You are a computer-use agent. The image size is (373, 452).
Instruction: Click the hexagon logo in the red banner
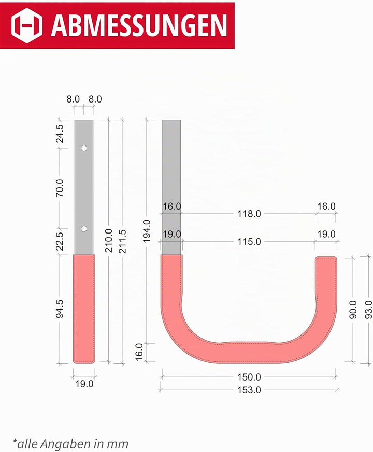coord(27,25)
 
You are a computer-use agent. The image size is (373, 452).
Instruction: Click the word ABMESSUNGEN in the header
coord(139,25)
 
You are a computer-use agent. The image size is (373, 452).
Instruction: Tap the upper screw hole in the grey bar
coord(84,148)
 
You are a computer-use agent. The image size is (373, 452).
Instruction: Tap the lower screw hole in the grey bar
coord(84,229)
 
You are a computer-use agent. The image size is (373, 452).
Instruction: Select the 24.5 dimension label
coord(60,134)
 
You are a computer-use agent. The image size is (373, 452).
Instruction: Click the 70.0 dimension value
coord(60,188)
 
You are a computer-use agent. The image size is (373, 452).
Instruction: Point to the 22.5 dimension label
coord(60,242)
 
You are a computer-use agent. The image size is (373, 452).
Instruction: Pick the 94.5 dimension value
coord(60,309)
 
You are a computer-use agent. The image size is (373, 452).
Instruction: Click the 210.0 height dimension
coord(108,240)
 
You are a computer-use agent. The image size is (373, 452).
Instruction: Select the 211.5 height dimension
coord(123,241)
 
